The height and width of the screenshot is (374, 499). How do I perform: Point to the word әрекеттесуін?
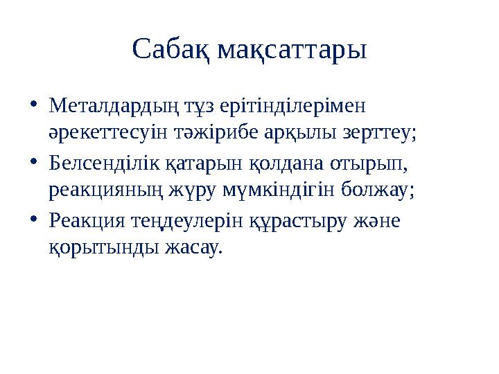pos(103,132)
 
